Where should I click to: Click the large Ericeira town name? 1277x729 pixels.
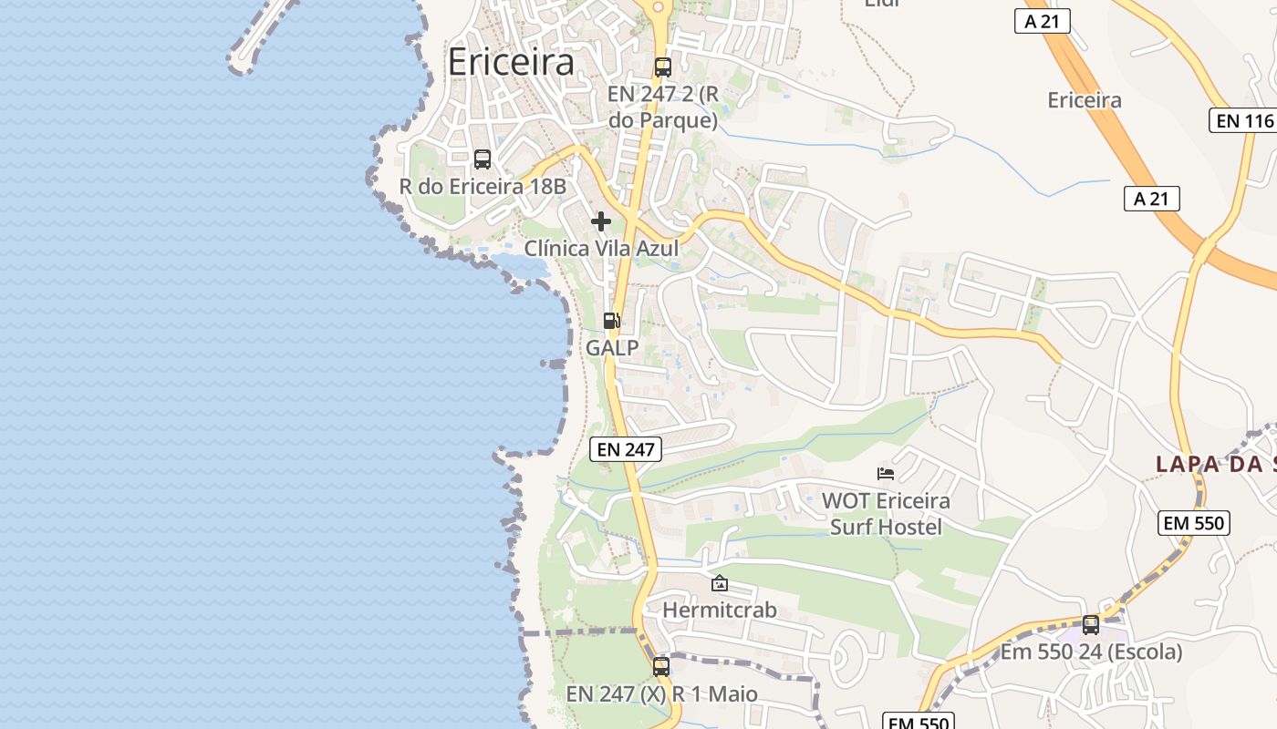511,62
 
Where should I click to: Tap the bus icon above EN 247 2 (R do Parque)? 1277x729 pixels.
663,67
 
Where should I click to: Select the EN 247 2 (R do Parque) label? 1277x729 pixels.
663,107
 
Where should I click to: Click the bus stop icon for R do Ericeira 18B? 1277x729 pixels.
483,159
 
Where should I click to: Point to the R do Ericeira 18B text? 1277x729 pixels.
483,187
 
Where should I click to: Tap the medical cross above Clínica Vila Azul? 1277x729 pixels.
601,221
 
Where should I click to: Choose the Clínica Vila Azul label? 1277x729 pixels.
600,248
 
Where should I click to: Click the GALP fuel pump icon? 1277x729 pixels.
612,321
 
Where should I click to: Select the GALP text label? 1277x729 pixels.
612,348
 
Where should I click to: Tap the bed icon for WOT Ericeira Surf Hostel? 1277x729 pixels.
886,473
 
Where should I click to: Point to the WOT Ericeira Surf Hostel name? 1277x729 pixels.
886,514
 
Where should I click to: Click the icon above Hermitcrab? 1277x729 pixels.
720,583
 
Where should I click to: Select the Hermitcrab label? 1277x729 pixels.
720,610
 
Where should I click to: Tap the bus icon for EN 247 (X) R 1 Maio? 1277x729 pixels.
661,667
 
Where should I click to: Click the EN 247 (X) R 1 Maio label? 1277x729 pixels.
661,694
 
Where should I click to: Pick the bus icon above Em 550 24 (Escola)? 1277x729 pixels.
1091,625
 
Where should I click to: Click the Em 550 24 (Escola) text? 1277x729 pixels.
1091,652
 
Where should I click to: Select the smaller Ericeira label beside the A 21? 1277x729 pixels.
1085,100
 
